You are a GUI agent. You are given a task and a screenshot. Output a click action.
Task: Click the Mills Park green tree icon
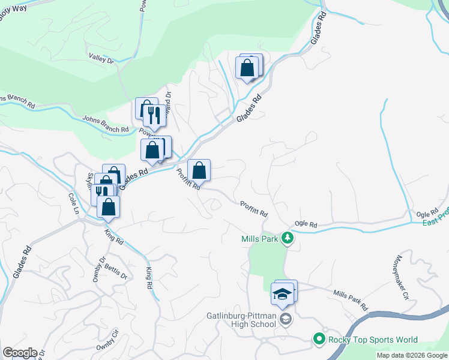pos(288,238)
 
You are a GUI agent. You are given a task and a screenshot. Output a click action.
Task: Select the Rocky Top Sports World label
pos(373,340)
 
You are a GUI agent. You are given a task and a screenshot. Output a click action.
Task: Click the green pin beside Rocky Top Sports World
pos(319,340)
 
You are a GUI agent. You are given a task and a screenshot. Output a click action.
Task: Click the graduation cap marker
pos(282,295)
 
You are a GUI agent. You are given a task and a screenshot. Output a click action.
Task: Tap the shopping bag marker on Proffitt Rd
pos(199,170)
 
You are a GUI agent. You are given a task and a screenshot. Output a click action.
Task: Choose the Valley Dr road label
pos(101,58)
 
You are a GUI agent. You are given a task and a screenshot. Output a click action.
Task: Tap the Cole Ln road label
pos(74,204)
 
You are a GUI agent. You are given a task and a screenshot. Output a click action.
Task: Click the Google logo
pos(19,353)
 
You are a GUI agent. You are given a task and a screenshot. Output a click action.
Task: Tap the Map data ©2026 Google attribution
pos(412,355)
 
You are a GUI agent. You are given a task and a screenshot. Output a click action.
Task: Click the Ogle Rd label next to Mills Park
pos(306,224)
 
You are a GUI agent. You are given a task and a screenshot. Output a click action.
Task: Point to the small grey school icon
pos(285,319)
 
